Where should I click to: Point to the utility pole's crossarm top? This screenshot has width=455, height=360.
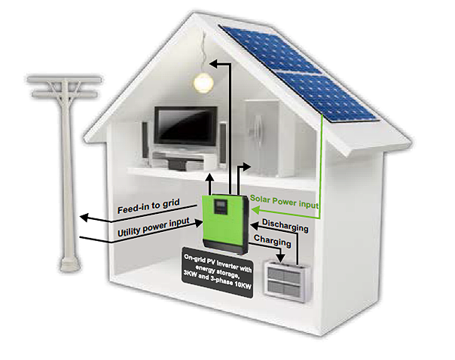[63, 78]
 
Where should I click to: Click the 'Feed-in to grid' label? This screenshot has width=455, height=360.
[146, 208]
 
